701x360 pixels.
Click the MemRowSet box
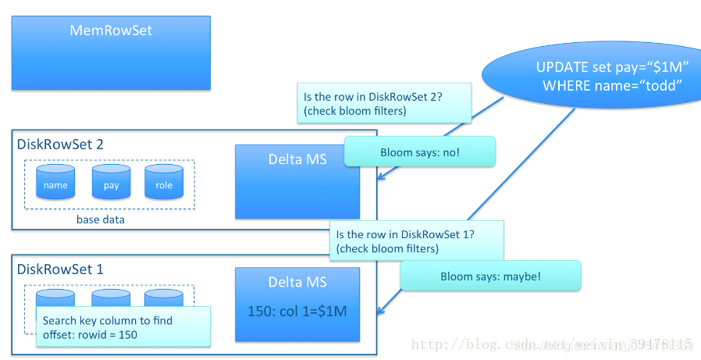(x=111, y=52)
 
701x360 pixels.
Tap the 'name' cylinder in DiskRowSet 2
(x=55, y=182)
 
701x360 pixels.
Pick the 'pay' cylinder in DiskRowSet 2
(x=111, y=182)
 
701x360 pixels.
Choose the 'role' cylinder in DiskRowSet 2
(x=164, y=182)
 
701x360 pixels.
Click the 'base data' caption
(x=100, y=219)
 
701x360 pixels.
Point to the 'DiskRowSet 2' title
(x=60, y=144)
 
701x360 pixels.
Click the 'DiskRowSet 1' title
(x=60, y=269)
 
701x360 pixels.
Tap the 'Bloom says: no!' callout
(x=420, y=151)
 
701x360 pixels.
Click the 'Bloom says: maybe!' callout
(x=490, y=276)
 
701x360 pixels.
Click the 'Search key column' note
(x=123, y=326)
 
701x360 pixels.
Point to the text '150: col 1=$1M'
(x=297, y=311)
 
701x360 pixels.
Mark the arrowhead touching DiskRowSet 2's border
(x=380, y=179)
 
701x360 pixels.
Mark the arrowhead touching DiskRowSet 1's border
(x=380, y=312)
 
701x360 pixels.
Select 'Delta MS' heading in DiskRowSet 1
(x=297, y=282)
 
